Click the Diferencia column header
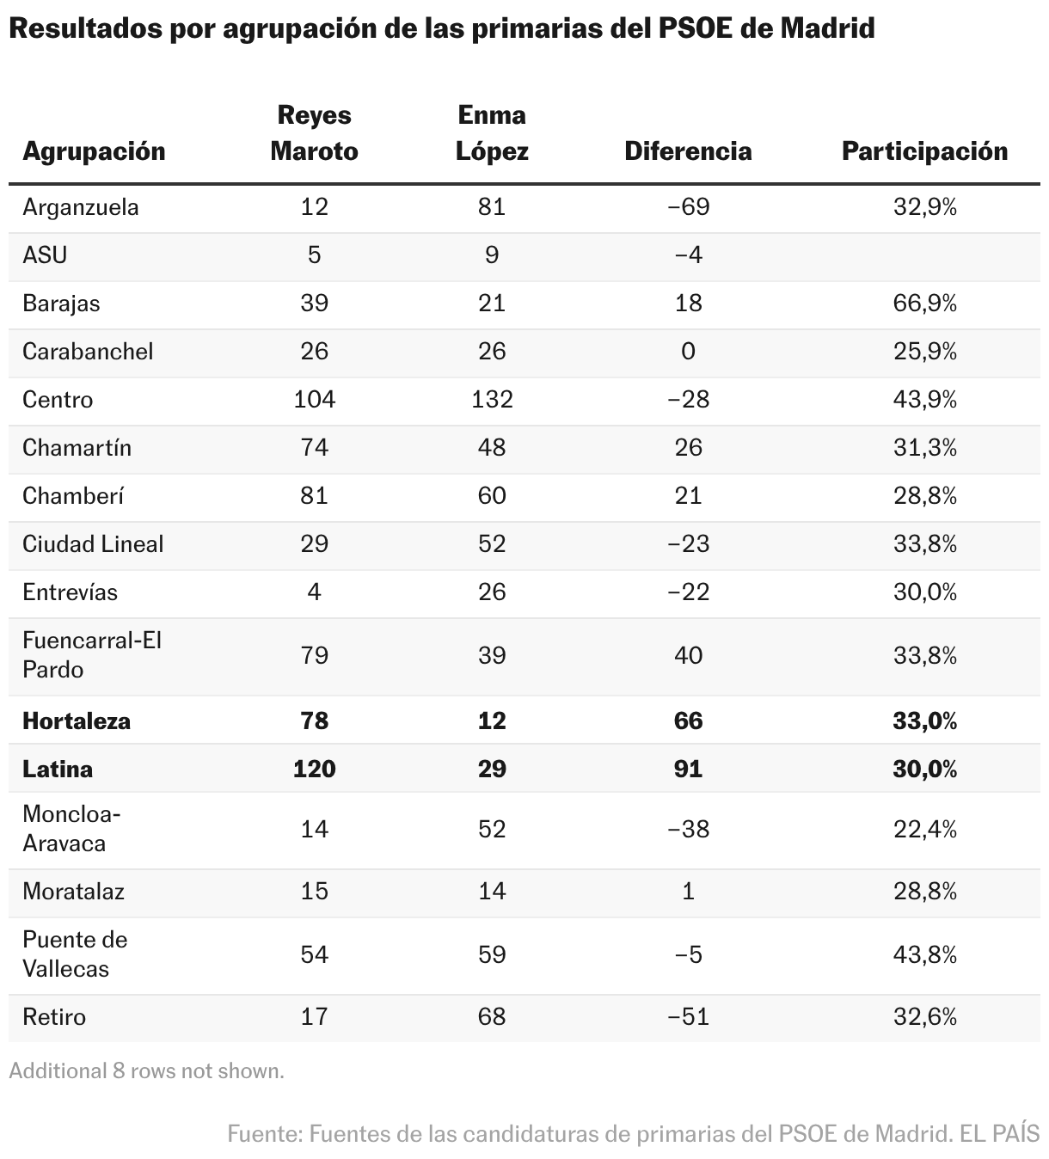(688, 151)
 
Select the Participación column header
(924, 151)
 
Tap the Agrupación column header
(94, 152)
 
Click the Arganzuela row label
(80, 207)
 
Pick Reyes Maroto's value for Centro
(315, 400)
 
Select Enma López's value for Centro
(492, 400)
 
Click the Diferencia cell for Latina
(688, 769)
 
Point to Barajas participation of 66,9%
(924, 304)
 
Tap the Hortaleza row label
(77, 721)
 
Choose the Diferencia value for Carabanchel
(688, 352)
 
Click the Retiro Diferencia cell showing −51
(688, 1017)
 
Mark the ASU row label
(45, 255)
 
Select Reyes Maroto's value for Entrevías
(315, 592)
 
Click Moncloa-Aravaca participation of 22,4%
(924, 830)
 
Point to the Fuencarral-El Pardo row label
(92, 655)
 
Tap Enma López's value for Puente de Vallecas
(492, 954)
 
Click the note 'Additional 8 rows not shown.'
(147, 1070)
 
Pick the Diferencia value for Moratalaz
(688, 892)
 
